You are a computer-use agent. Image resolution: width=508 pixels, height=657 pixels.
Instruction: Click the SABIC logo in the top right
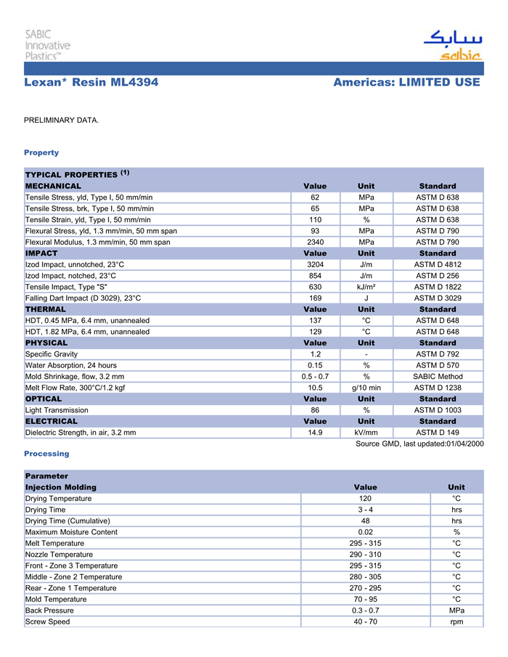[451, 46]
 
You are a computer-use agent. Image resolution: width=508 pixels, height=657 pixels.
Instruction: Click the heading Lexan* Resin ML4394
[91, 83]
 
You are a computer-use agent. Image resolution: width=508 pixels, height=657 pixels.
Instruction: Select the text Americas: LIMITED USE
[406, 83]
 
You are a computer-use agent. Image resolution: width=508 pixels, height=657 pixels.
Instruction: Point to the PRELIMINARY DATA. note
[62, 119]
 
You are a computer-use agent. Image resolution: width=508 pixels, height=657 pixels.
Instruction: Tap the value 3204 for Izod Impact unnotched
[315, 264]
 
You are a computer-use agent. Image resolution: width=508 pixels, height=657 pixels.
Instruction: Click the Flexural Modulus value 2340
[315, 242]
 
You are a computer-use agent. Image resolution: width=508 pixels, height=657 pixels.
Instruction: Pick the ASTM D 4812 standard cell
[438, 264]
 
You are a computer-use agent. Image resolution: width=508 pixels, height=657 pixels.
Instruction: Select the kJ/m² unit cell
[366, 287]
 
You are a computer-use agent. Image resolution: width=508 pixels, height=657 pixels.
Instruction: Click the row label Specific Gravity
[54, 354]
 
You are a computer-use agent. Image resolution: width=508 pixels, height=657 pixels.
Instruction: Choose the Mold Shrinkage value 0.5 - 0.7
[315, 377]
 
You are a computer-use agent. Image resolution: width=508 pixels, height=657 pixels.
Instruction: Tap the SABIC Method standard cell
[438, 377]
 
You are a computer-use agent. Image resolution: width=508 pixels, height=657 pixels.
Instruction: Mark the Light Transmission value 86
[315, 410]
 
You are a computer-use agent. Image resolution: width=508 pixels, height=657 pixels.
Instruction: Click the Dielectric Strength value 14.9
[315, 433]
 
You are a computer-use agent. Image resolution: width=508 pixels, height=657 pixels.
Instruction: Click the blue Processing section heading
[46, 454]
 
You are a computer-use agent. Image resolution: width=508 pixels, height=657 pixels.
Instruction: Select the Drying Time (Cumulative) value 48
[365, 521]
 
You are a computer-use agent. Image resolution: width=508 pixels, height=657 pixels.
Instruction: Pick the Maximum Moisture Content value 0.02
[365, 532]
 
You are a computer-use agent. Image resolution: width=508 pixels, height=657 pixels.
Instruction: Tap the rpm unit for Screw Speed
[456, 621]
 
